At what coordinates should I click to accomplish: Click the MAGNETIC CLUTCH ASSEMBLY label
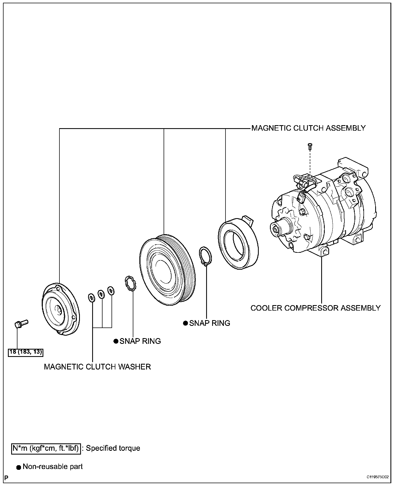[x=308, y=128]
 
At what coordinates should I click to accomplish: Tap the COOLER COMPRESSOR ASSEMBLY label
[x=315, y=308]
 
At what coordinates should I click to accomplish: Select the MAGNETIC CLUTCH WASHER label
[x=97, y=367]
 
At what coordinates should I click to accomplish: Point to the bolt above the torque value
[x=21, y=324]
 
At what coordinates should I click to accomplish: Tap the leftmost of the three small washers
[x=91, y=298]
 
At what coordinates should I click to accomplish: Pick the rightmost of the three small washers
[x=111, y=291]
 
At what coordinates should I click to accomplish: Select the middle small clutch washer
[x=101, y=294]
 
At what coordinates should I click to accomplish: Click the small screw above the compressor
[x=310, y=146]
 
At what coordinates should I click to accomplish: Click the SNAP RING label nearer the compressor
[x=210, y=323]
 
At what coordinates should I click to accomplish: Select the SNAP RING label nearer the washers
[x=140, y=341]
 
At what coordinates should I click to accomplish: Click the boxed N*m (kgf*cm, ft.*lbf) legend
[x=46, y=448]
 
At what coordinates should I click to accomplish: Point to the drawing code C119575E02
[x=377, y=477]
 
